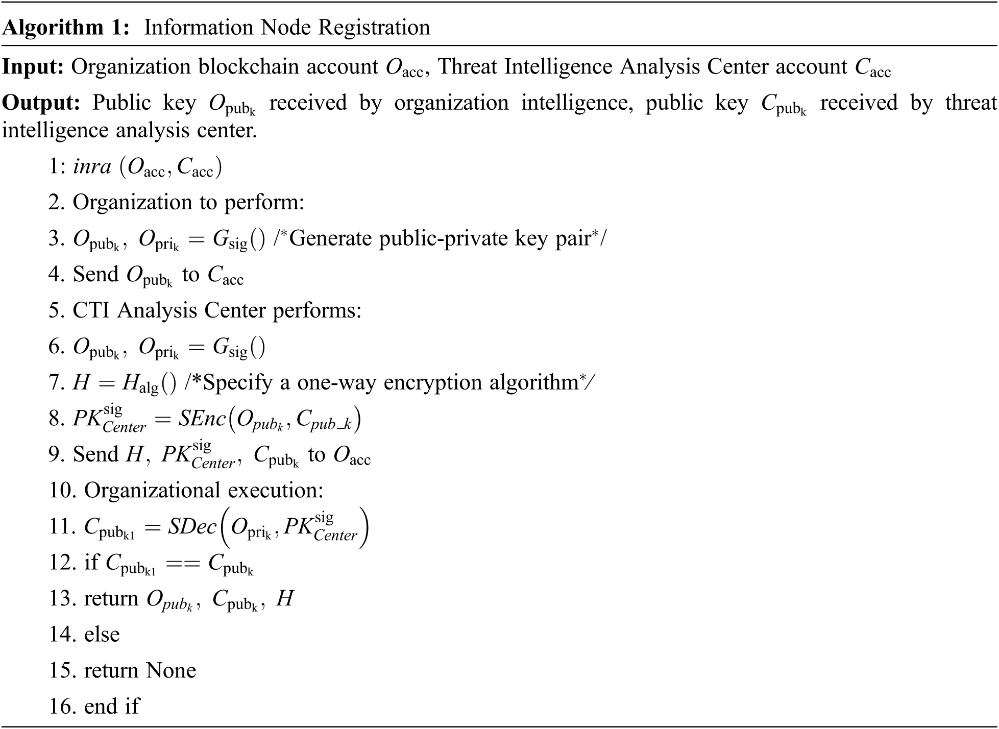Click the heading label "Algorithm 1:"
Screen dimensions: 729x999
point(66,28)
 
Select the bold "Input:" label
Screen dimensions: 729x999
point(33,67)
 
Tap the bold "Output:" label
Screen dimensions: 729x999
point(41,103)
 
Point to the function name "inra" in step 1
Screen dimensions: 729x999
point(92,166)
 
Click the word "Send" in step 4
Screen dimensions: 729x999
point(95,274)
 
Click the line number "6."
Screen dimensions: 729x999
point(56,347)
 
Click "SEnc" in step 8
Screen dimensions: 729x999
point(201,419)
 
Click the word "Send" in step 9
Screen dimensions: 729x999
point(95,454)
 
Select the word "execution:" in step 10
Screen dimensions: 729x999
point(275,491)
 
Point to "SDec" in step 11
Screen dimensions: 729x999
point(192,527)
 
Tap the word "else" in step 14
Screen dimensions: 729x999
point(102,635)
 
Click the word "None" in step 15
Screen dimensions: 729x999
point(170,671)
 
